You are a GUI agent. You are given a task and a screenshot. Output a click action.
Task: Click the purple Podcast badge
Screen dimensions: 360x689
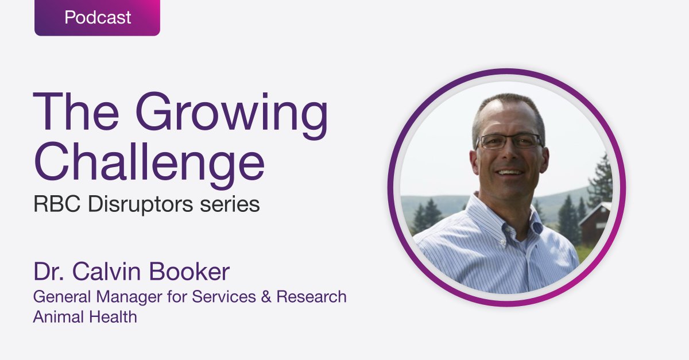pyautogui.click(x=97, y=18)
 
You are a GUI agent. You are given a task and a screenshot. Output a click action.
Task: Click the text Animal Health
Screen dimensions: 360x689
pyautogui.click(x=85, y=316)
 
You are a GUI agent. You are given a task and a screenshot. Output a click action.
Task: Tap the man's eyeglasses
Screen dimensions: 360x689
pyautogui.click(x=508, y=141)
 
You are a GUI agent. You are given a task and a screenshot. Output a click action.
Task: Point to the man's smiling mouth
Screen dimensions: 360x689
pyautogui.click(x=510, y=171)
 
